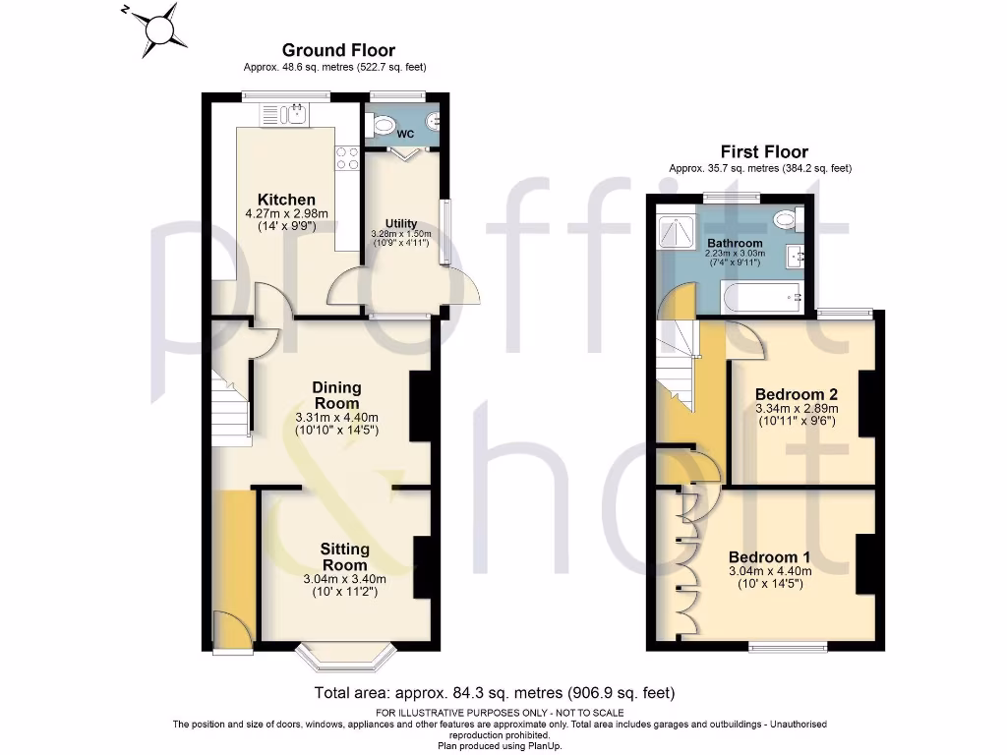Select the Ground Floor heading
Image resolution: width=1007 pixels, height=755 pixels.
[338, 50]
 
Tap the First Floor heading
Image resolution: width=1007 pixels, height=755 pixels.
[764, 151]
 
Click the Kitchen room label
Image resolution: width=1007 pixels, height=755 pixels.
[286, 200]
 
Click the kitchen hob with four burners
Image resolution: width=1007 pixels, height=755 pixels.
[347, 158]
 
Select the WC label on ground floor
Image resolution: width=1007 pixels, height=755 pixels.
[403, 134]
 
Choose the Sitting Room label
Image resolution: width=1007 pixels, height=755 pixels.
[343, 556]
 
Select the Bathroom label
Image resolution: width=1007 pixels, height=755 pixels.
[735, 243]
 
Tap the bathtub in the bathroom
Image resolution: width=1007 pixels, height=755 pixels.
[762, 295]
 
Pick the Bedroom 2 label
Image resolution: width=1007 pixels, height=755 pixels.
[797, 394]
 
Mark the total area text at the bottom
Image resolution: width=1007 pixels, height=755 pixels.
[494, 692]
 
